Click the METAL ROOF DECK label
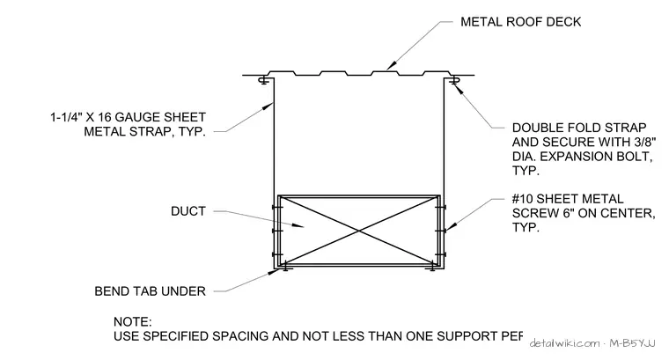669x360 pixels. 520,22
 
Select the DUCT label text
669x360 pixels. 188,211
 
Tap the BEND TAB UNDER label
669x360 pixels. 151,291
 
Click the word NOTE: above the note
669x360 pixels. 133,321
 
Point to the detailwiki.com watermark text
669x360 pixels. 564,343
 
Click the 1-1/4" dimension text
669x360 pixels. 66,117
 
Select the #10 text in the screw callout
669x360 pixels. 522,199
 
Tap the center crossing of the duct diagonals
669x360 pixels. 359,231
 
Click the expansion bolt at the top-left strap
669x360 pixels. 264,80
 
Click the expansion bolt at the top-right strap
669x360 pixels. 454,80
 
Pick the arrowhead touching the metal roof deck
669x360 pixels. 390,66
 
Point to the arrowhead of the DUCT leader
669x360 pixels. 298,225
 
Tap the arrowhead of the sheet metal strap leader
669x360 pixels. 267,107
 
